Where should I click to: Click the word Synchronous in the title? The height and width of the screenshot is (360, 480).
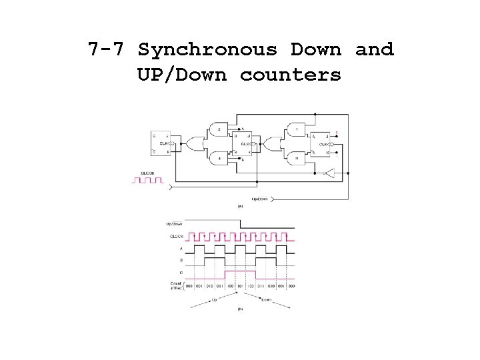tap(207, 50)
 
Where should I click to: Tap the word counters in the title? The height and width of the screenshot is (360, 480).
tap(290, 75)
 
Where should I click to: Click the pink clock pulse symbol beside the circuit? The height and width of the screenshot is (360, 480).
tap(147, 180)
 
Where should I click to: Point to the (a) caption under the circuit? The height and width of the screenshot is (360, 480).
tap(240, 207)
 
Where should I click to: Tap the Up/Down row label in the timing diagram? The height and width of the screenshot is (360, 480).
tap(174, 224)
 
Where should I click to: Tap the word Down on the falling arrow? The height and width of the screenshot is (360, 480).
tap(266, 300)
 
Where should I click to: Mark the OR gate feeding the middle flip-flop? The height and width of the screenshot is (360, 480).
tap(195, 143)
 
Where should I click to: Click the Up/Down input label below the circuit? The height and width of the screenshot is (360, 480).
tap(260, 199)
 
